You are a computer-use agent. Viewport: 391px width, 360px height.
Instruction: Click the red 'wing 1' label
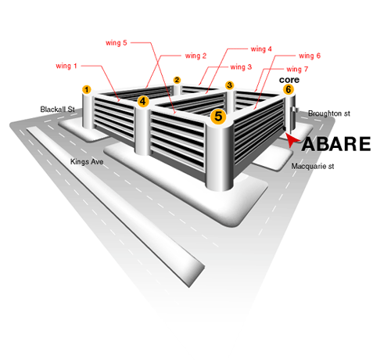(x=66, y=66)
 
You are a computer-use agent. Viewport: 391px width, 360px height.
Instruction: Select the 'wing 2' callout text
(x=195, y=56)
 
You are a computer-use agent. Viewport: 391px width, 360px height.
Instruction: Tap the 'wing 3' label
(x=241, y=67)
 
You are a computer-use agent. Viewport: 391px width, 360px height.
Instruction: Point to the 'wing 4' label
(x=261, y=49)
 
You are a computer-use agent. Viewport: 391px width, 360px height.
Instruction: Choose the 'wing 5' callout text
(x=117, y=43)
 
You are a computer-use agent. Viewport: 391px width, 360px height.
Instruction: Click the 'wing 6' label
(x=310, y=56)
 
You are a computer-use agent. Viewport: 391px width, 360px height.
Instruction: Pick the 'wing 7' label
(x=297, y=70)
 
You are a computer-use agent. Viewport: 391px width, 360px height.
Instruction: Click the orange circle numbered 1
(x=87, y=90)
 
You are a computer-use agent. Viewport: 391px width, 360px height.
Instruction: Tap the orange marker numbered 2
(x=177, y=80)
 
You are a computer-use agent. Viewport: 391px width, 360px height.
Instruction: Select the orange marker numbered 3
(x=229, y=85)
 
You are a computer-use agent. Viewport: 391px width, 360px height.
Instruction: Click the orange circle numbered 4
(x=143, y=101)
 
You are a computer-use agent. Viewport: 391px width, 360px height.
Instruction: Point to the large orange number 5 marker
(x=218, y=117)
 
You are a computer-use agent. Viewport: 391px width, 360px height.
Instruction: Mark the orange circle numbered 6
(x=289, y=89)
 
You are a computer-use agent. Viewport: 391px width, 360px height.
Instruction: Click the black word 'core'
(x=289, y=80)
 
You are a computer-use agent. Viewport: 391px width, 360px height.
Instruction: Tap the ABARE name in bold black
(x=336, y=144)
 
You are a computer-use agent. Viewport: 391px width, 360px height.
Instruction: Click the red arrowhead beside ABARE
(x=292, y=140)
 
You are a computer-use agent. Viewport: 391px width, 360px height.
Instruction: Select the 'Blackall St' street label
(x=58, y=110)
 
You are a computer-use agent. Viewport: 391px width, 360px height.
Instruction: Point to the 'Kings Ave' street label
(x=87, y=162)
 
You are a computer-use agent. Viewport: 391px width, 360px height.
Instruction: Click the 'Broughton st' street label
(x=329, y=113)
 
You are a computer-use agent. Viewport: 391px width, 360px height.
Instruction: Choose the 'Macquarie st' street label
(x=313, y=166)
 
